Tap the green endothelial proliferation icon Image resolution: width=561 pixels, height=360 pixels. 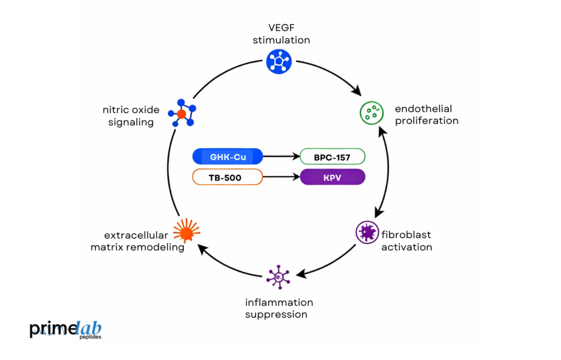click(372, 113)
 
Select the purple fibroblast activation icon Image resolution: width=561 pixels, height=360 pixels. click(367, 233)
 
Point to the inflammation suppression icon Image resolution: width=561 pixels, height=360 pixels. click(278, 277)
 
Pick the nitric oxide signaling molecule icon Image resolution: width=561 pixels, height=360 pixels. click(182, 113)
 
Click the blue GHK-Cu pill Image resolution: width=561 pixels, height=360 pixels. click(227, 157)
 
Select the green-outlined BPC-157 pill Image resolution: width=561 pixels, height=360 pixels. click(333, 157)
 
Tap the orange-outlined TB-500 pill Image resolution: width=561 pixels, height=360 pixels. click(227, 177)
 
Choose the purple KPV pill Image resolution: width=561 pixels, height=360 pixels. click(333, 177)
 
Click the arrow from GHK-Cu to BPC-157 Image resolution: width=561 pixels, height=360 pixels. click(281, 157)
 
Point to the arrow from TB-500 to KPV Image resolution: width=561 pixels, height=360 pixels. click(281, 177)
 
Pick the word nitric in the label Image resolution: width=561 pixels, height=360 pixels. click(115, 110)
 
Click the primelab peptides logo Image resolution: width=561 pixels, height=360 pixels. click(65, 330)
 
